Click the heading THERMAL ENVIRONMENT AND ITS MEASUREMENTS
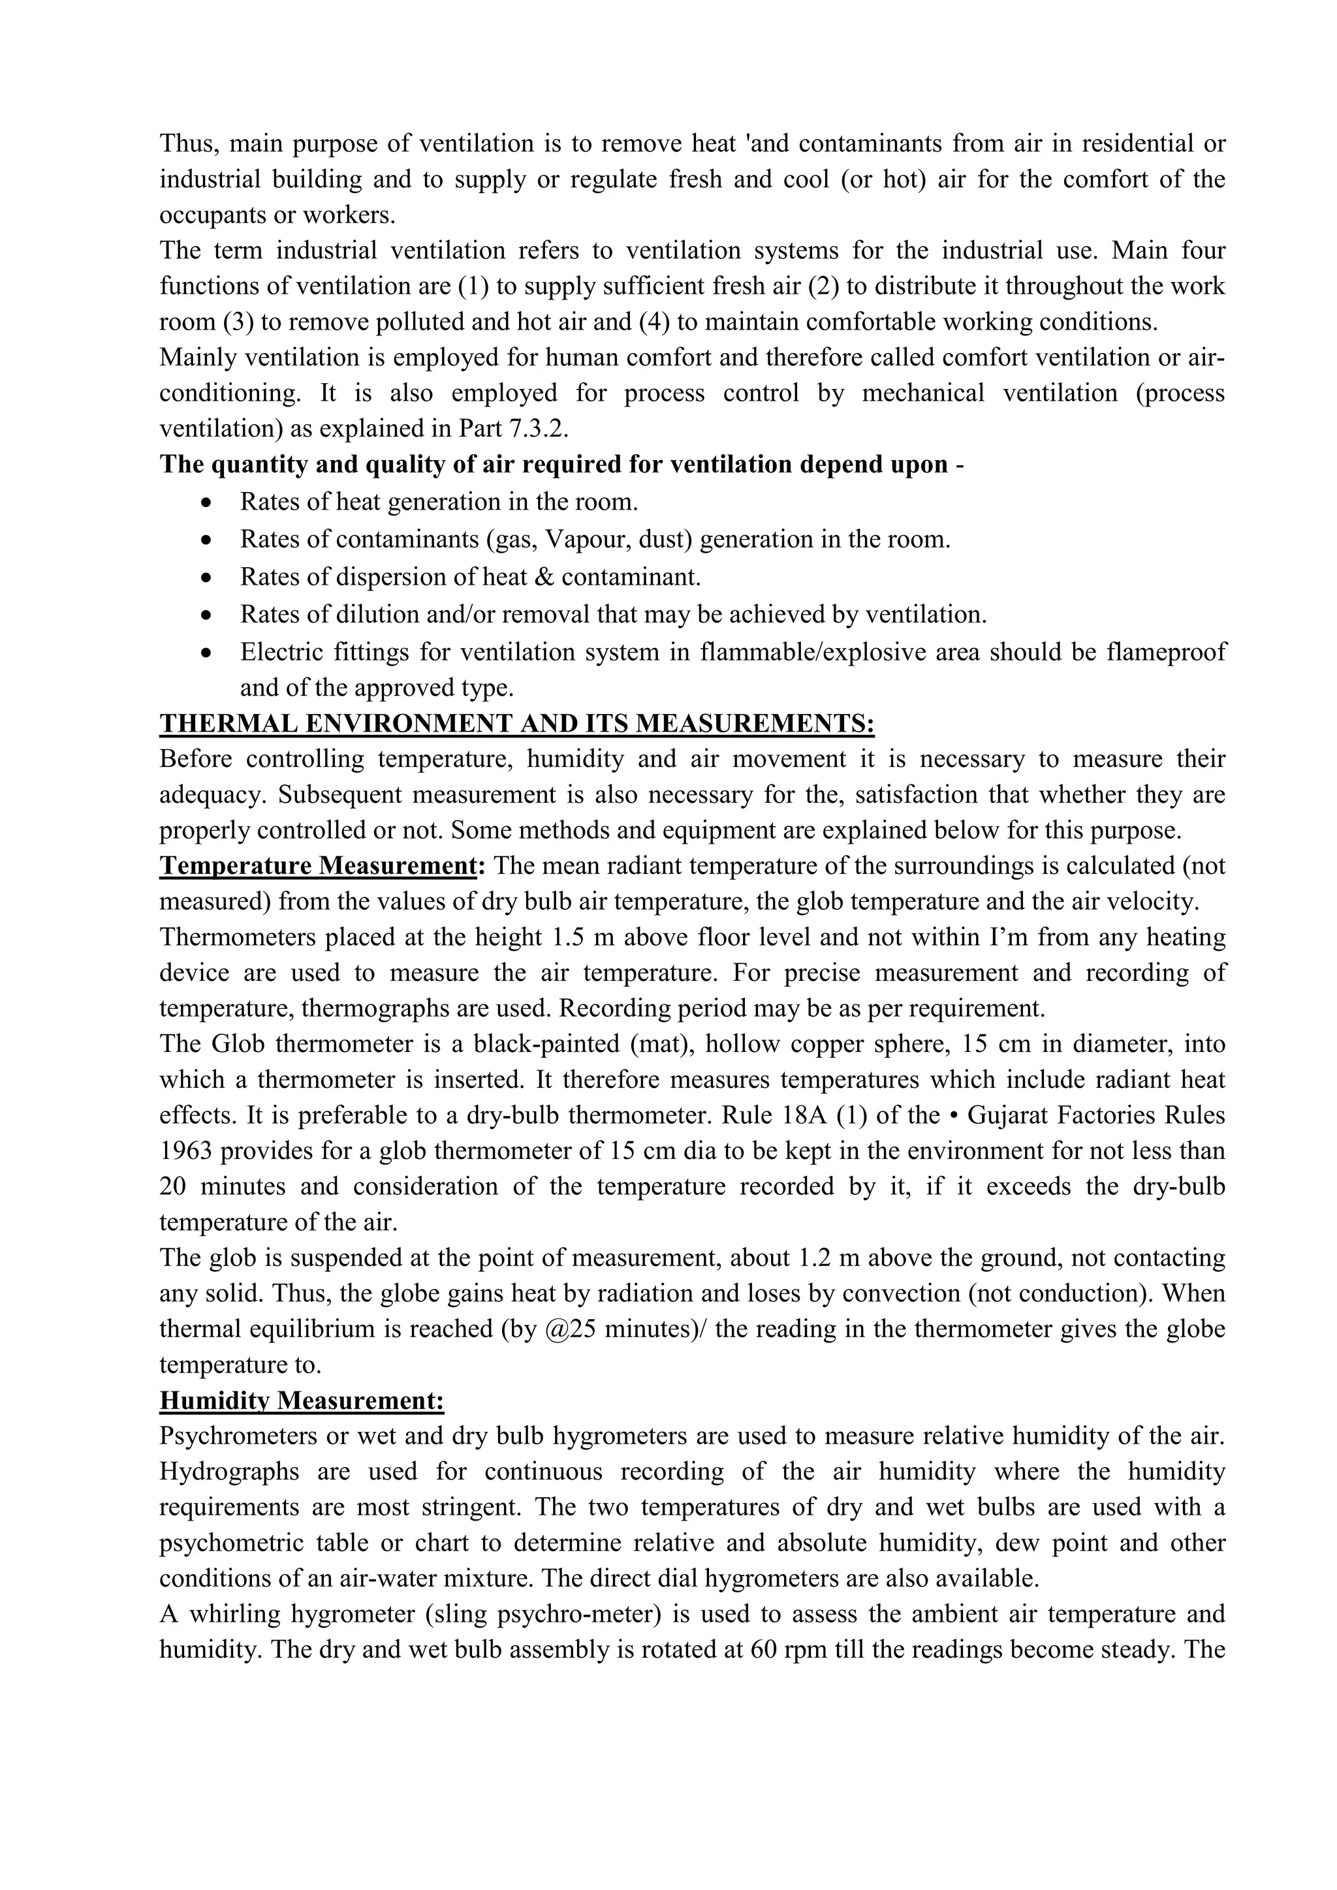click(516, 724)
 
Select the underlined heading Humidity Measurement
click(302, 1401)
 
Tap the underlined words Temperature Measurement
click(318, 866)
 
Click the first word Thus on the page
click(187, 144)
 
